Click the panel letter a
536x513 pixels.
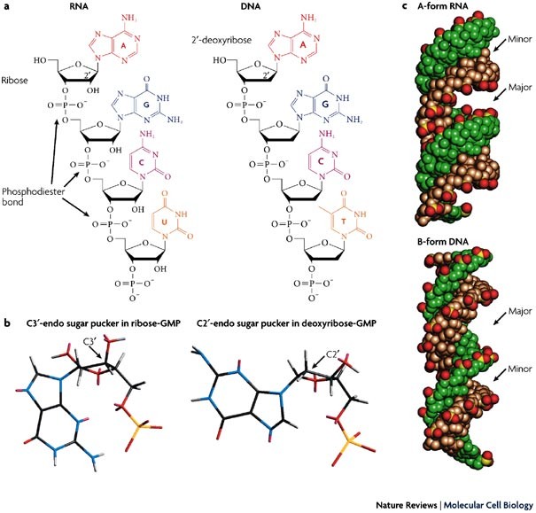[8, 8]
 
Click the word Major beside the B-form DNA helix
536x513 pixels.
[508, 312]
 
